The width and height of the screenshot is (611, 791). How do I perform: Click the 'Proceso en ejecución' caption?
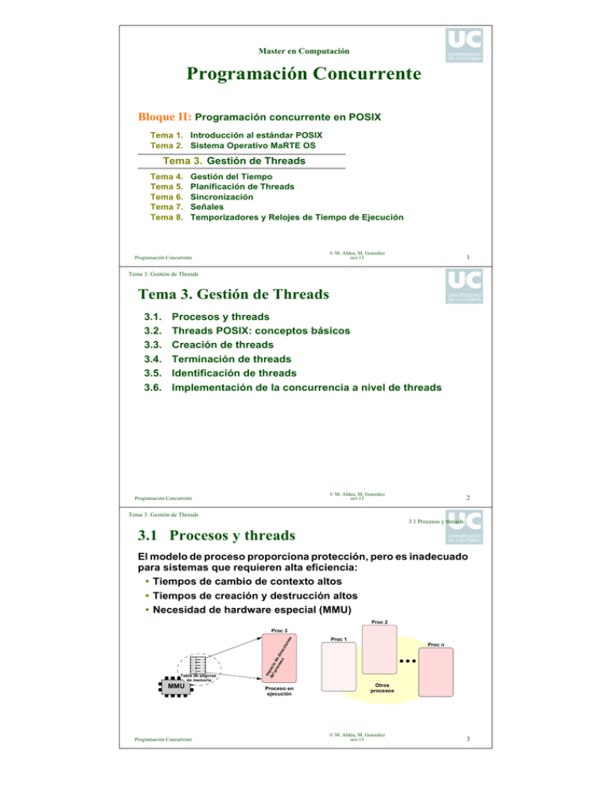coord(279,691)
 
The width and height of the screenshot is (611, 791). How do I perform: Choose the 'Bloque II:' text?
coord(166,117)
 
